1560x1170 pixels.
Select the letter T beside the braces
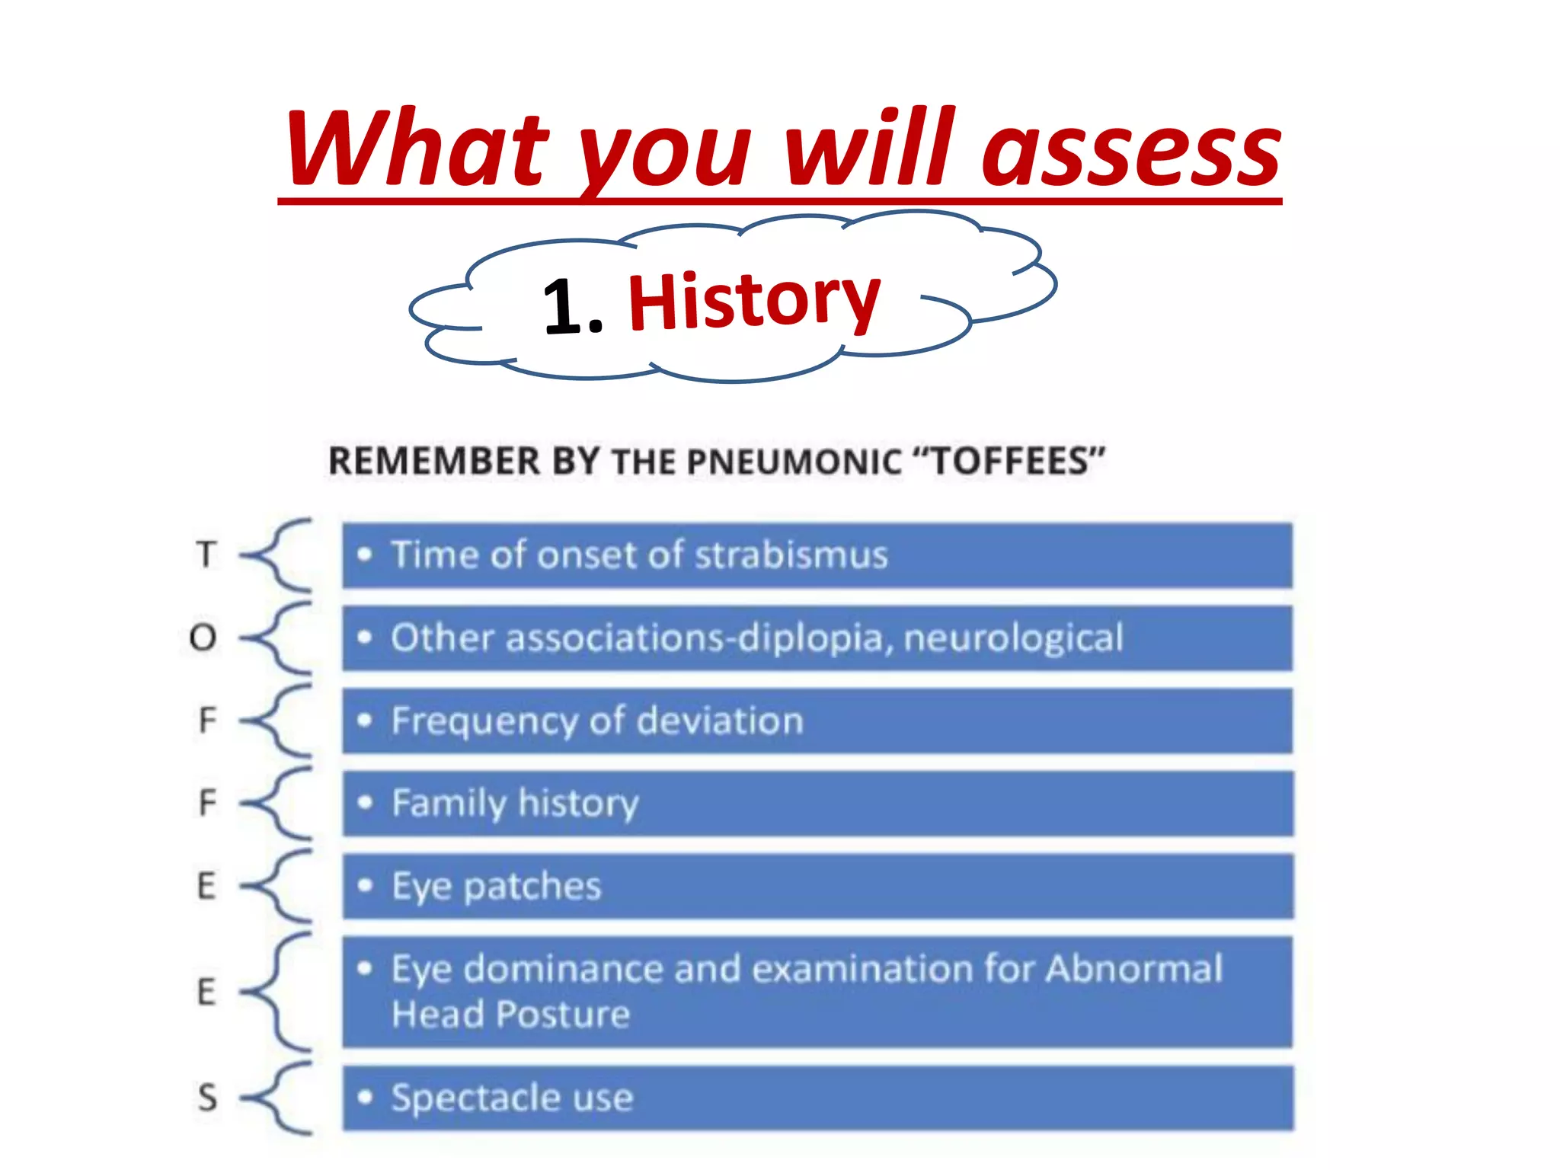click(x=206, y=555)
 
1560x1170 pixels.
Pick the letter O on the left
click(x=203, y=638)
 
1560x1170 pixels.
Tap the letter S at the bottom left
click(x=207, y=1098)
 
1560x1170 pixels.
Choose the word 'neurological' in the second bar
click(x=1013, y=638)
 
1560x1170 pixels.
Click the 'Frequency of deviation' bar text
click(x=597, y=721)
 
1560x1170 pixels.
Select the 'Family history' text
click(x=515, y=804)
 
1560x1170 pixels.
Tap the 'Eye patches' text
click(x=497, y=887)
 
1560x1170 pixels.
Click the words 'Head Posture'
click(x=510, y=1015)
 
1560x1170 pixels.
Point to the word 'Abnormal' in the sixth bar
click(x=1133, y=969)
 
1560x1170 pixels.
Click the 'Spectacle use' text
click(x=512, y=1098)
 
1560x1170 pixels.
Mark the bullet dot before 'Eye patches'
click(x=366, y=885)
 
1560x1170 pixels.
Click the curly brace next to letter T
click(x=278, y=555)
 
